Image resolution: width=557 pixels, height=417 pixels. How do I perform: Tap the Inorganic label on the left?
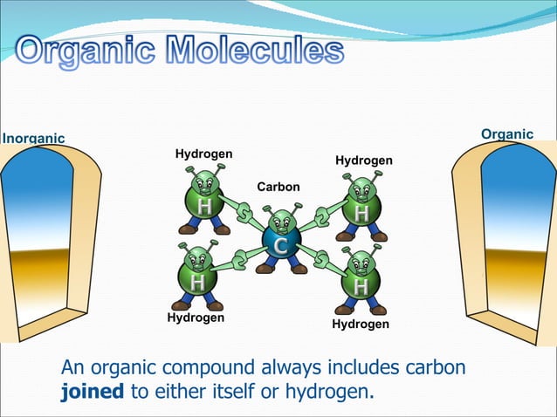[x=33, y=138]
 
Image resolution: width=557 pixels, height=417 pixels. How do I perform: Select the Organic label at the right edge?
[x=507, y=133]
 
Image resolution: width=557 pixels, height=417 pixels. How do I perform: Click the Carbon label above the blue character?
[x=278, y=187]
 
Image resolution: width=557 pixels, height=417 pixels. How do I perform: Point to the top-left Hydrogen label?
[x=203, y=154]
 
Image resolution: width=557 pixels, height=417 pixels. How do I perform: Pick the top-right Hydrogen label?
[x=364, y=161]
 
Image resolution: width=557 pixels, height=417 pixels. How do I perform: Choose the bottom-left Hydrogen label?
[x=196, y=318]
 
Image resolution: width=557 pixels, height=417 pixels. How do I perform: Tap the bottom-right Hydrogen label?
[x=361, y=324]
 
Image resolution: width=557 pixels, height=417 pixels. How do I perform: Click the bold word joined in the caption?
[x=93, y=392]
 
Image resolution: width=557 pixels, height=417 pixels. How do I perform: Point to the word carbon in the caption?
[x=432, y=368]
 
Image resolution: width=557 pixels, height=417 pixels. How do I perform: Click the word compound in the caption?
[x=210, y=369]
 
